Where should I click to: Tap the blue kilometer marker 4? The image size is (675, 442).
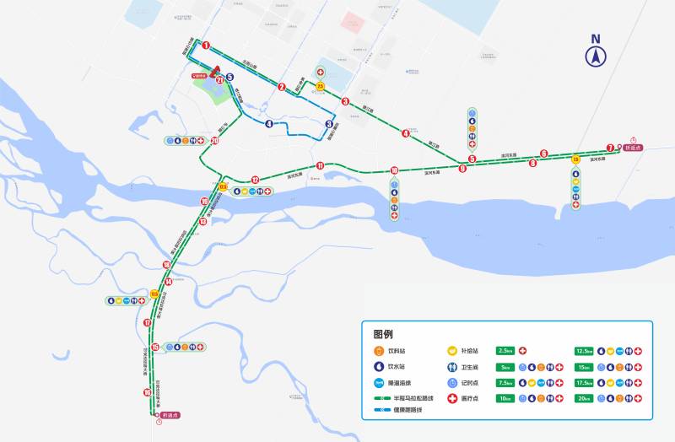coord(269,124)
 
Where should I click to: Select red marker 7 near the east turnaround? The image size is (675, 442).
coord(610,148)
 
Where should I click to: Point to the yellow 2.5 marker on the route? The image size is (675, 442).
coord(321,86)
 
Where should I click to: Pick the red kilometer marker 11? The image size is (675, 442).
coord(321,165)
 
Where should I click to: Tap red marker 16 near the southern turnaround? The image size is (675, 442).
coord(148,392)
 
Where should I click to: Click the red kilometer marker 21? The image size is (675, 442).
coord(220,80)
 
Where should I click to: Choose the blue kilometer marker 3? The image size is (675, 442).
coord(329,124)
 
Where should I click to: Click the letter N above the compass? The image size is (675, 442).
coord(596,39)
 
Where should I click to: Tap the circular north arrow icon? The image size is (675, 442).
coord(596,57)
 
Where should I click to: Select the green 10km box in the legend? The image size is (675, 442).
coord(506,398)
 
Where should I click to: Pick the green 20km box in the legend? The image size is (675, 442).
coord(583,398)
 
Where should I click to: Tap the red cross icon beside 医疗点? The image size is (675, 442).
coord(452,398)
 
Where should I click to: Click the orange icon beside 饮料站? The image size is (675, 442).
coord(379,350)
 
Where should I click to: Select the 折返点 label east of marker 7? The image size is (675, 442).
coord(633,148)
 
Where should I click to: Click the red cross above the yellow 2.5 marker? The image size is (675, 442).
coord(321,73)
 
